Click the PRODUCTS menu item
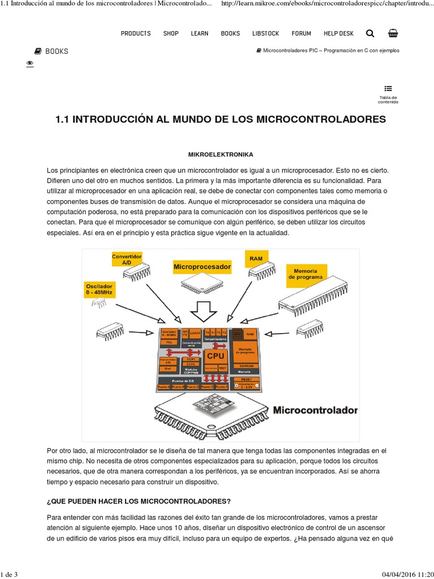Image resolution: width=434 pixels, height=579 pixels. [136, 33]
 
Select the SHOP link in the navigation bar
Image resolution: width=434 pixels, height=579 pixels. [171, 33]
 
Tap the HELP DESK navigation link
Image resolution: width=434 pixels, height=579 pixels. [338, 33]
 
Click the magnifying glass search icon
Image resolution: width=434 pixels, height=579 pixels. [370, 33]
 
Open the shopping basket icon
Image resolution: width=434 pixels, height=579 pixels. [393, 33]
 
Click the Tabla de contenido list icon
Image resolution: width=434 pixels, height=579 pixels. [388, 88]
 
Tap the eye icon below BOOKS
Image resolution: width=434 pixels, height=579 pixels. [30, 64]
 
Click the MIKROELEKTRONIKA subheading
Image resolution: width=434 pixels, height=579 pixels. [220, 154]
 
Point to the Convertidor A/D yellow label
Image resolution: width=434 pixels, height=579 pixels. [127, 260]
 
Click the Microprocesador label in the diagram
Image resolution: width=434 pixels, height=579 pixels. [202, 266]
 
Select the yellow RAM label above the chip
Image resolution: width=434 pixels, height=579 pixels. [256, 258]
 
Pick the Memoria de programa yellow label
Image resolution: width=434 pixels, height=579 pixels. [306, 274]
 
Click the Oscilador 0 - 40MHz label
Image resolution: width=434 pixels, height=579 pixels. [99, 289]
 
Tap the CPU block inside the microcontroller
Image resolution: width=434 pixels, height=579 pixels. [215, 356]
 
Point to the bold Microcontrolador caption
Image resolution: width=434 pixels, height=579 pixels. [315, 410]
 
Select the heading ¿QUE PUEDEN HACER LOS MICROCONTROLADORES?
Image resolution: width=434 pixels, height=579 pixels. [138, 502]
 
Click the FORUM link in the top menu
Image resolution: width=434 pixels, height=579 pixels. [301, 33]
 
